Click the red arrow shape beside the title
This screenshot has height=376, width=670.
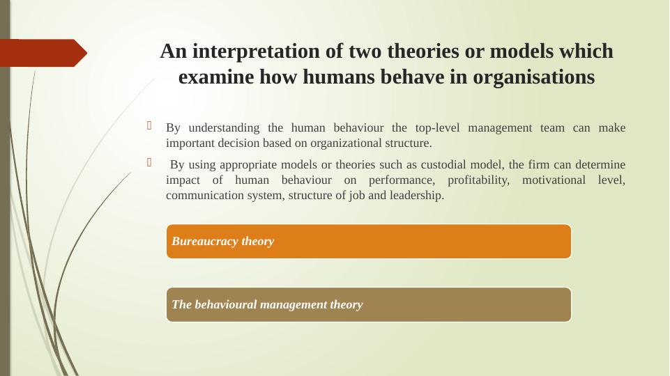[x=43, y=53]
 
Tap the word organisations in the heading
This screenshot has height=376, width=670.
[x=533, y=77]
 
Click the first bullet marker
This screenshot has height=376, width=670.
[x=149, y=125]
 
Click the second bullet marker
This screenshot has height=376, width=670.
[x=149, y=162]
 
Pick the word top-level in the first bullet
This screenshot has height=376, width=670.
[x=437, y=128]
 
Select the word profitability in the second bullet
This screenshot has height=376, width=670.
[x=478, y=180]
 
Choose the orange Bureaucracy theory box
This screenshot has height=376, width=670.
[x=369, y=241]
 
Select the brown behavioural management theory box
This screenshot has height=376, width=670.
[x=369, y=304]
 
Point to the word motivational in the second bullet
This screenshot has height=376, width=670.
[x=554, y=180]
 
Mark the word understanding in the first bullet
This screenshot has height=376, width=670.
[x=224, y=128]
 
